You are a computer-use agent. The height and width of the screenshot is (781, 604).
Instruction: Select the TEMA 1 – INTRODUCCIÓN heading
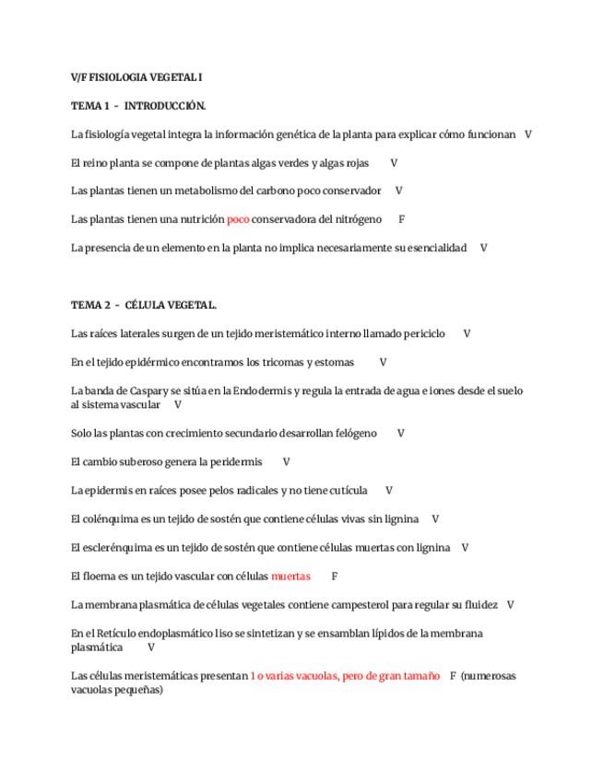tap(138, 105)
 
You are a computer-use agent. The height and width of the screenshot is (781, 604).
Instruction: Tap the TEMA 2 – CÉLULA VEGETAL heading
tap(144, 305)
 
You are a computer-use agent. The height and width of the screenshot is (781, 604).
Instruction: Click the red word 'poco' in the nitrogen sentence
tap(238, 219)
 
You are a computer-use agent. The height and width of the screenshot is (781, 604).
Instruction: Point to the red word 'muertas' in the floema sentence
tap(290, 577)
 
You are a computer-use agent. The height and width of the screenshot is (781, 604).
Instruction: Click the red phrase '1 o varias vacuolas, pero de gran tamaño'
tap(345, 676)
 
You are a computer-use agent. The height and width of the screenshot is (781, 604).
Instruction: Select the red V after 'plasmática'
tap(151, 647)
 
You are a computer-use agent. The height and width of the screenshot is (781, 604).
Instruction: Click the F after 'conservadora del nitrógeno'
tap(402, 219)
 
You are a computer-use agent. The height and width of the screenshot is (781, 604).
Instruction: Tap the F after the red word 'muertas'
tap(335, 577)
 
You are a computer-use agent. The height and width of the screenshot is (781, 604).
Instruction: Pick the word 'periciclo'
tap(422, 333)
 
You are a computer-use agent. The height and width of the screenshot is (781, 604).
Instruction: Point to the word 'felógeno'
tap(355, 433)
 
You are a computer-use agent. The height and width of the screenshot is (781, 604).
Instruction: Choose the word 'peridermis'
tap(238, 461)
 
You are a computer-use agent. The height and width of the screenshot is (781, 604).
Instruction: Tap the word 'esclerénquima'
tap(115, 548)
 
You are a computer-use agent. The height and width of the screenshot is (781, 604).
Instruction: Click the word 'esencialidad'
tap(435, 248)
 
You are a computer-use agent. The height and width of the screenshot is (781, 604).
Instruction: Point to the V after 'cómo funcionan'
tap(528, 134)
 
